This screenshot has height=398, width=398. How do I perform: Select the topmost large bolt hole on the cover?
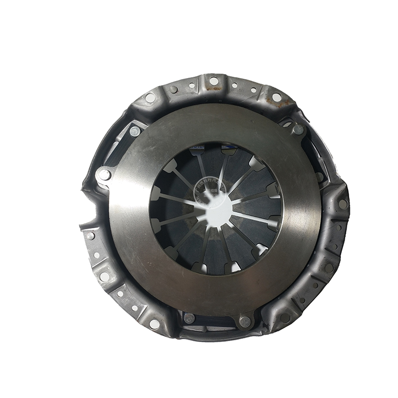[x=214, y=81]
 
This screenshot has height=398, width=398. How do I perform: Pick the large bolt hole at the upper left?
[x=150, y=98]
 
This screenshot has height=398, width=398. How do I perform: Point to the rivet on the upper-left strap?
[x=134, y=131]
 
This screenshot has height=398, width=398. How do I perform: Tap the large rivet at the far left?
[x=104, y=175]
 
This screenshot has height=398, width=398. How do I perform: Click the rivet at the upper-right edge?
[x=298, y=130]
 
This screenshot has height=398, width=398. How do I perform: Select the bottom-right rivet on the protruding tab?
[x=244, y=322]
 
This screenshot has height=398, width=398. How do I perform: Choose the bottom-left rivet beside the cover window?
[x=189, y=318]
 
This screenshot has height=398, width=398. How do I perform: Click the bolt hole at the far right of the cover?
[x=343, y=204]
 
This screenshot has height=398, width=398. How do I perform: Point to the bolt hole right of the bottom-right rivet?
[x=285, y=317]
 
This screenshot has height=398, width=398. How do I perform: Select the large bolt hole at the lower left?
[x=104, y=277]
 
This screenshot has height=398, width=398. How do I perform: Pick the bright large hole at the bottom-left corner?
[x=154, y=324]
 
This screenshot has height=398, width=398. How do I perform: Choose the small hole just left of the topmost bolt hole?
[x=195, y=86]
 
